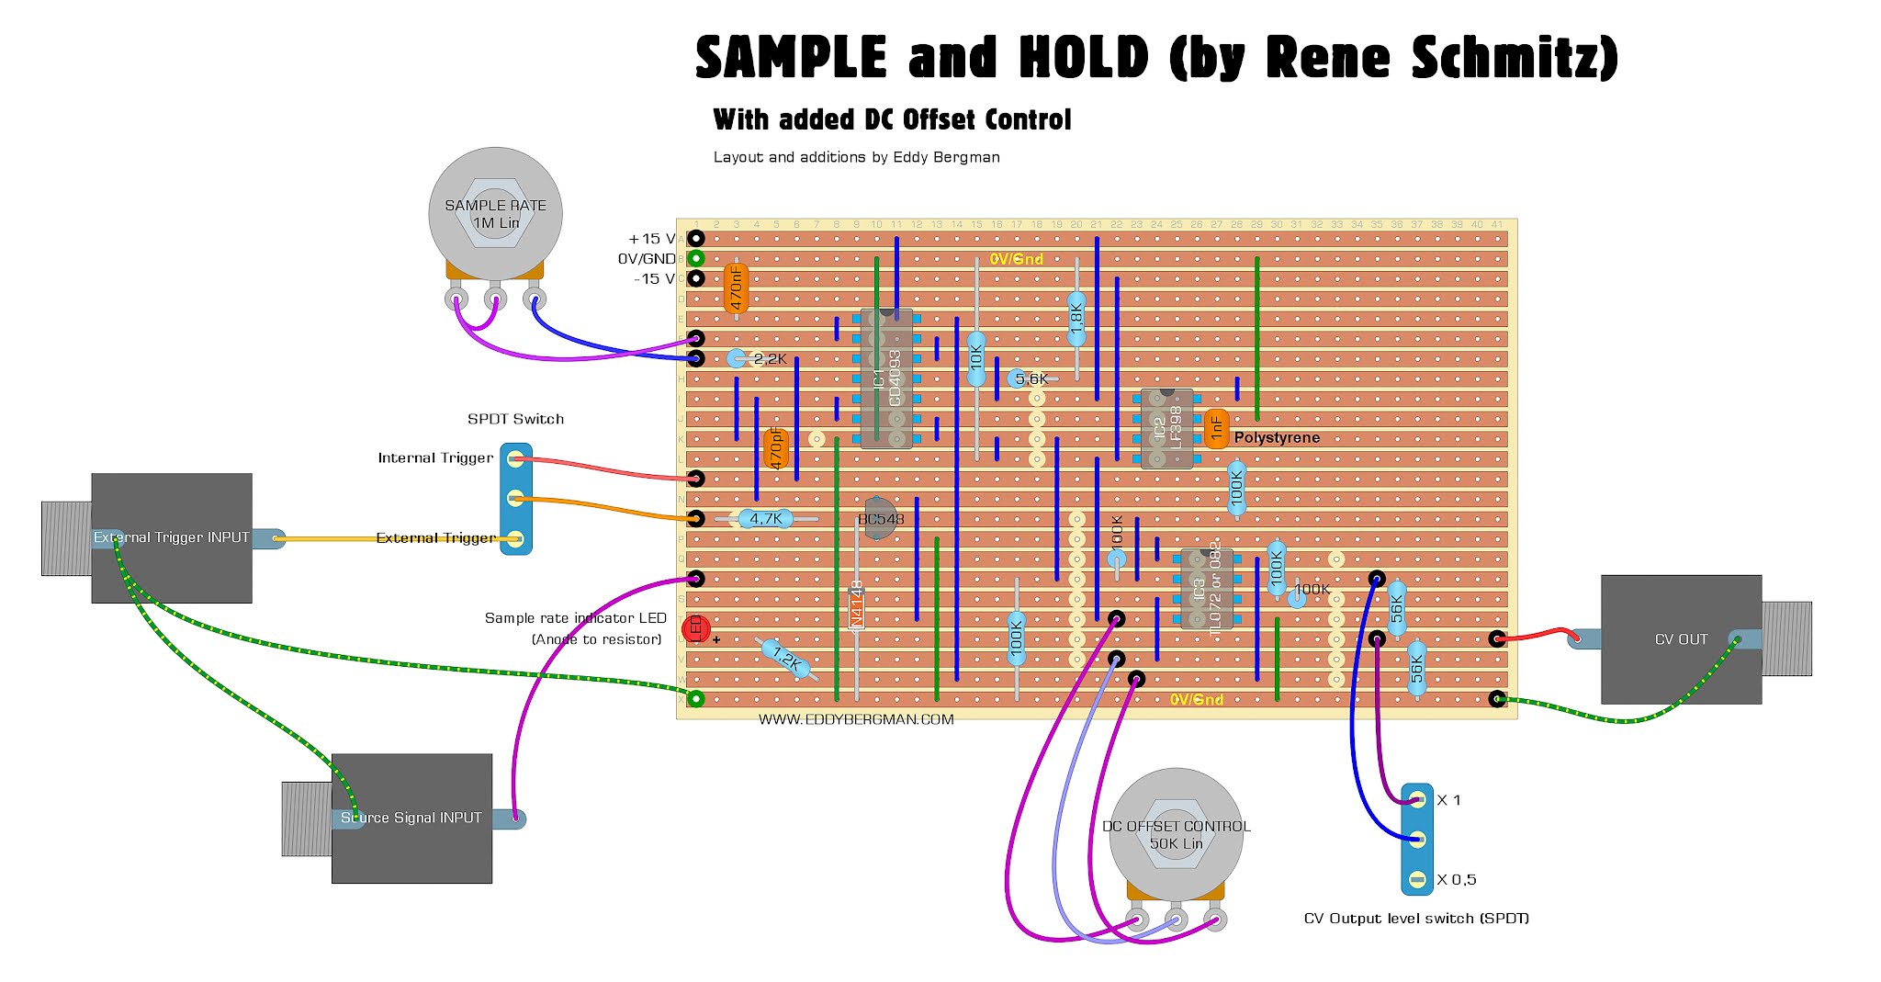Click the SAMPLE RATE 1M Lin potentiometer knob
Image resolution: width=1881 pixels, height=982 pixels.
tap(495, 213)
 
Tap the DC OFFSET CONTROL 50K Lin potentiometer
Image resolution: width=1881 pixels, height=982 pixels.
tap(1176, 834)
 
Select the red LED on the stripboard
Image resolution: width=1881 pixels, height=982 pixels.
tap(696, 628)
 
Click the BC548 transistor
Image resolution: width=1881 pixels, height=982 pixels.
tap(879, 519)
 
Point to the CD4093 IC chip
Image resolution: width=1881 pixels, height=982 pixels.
tap(886, 378)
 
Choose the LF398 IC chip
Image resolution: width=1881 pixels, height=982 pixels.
tap(1166, 429)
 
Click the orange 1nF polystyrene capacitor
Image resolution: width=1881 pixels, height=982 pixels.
tap(1216, 428)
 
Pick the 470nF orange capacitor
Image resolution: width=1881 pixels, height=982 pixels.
tap(736, 288)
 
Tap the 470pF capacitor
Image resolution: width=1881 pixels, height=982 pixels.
tap(776, 448)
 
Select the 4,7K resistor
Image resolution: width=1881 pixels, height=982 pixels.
tap(766, 519)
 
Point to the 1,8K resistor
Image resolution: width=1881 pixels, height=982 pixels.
tap(1076, 318)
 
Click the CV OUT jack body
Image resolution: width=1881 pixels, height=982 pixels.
tap(1681, 639)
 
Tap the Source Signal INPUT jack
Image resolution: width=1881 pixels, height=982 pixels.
tap(411, 818)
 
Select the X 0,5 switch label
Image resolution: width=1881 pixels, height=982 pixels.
tap(1457, 880)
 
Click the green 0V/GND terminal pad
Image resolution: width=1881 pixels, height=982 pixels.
tap(696, 259)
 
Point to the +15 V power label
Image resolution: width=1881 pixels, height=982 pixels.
tap(651, 239)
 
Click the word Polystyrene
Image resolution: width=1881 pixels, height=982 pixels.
tap(1277, 438)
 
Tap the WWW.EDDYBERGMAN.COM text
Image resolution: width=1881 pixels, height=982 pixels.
tap(856, 720)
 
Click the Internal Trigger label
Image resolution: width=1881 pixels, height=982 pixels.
tap(435, 457)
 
